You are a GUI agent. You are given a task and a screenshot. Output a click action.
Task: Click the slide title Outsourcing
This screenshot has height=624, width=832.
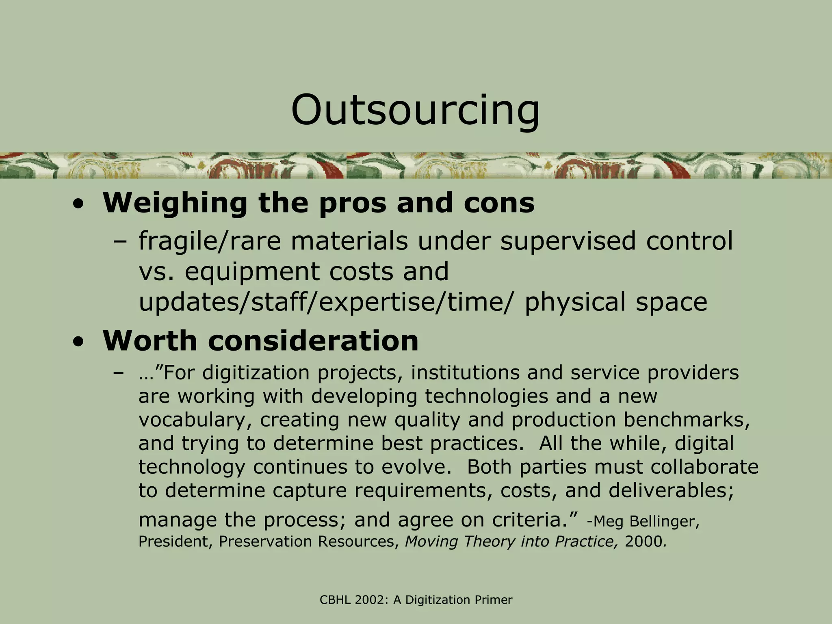click(415, 110)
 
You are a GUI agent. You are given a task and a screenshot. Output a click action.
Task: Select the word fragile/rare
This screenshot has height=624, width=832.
click(210, 241)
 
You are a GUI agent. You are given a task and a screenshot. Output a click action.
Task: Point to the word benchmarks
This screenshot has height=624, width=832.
click(686, 420)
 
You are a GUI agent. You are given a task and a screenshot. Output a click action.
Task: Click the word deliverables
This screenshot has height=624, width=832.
click(671, 491)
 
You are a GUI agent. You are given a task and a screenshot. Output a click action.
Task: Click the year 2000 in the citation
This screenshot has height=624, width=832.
click(645, 542)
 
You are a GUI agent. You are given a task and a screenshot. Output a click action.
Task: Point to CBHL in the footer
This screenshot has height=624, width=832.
click(335, 600)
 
